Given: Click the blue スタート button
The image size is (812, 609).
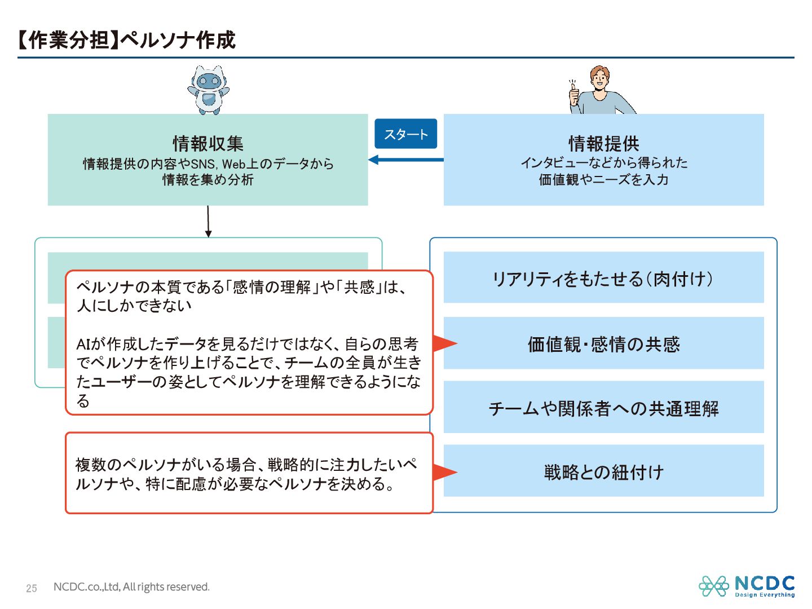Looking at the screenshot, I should click(405, 134).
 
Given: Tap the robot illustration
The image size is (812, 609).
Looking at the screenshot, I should click(208, 90).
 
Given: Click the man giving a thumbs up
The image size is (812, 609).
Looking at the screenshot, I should click(600, 91).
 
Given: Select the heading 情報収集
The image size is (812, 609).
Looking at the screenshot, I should click(208, 144).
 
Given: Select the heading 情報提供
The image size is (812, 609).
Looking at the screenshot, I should click(603, 144).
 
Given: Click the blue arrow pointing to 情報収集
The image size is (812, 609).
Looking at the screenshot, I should click(405, 160).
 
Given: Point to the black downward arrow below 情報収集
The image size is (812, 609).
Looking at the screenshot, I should click(208, 222).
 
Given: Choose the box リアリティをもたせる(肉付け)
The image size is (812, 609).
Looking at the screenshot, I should click(603, 278).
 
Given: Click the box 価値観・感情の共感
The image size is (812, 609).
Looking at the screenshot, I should click(603, 343).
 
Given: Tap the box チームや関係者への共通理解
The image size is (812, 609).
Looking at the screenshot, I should click(603, 408).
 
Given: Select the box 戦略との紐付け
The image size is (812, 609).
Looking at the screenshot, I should click(603, 471).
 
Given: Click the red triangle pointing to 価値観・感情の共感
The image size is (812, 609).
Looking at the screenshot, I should click(444, 343).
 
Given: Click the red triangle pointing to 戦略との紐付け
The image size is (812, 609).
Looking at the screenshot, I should click(444, 473).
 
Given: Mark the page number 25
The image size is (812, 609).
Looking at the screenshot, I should click(32, 588).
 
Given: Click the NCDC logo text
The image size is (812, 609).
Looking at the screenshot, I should click(765, 584).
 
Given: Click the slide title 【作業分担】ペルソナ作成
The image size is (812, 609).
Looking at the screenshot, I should click(126, 40).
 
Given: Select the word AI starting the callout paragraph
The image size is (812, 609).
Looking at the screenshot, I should click(83, 344).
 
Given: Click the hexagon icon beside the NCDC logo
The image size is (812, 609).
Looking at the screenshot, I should click(714, 586).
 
